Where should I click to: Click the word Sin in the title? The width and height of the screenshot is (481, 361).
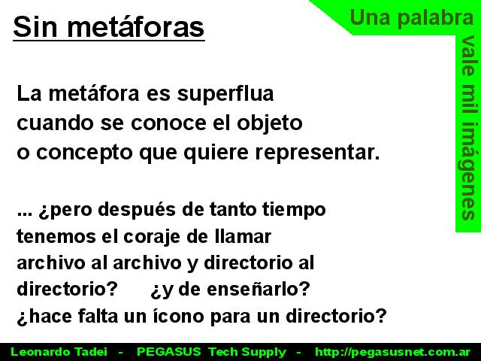[x=35, y=27]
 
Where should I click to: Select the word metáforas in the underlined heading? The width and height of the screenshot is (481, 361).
[x=135, y=27]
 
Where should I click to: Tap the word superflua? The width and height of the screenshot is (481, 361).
[x=225, y=94]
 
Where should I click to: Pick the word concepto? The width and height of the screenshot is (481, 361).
[x=84, y=153]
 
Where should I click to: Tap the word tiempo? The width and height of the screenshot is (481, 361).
[x=294, y=211]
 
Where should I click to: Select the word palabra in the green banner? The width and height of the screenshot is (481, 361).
[x=436, y=18]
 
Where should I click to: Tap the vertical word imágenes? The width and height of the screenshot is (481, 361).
[x=468, y=171]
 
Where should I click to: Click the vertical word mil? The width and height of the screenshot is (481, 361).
[x=468, y=100]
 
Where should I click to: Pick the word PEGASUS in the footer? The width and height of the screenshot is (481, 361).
[x=168, y=352]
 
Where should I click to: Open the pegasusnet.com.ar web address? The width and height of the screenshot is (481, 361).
[x=392, y=352]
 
